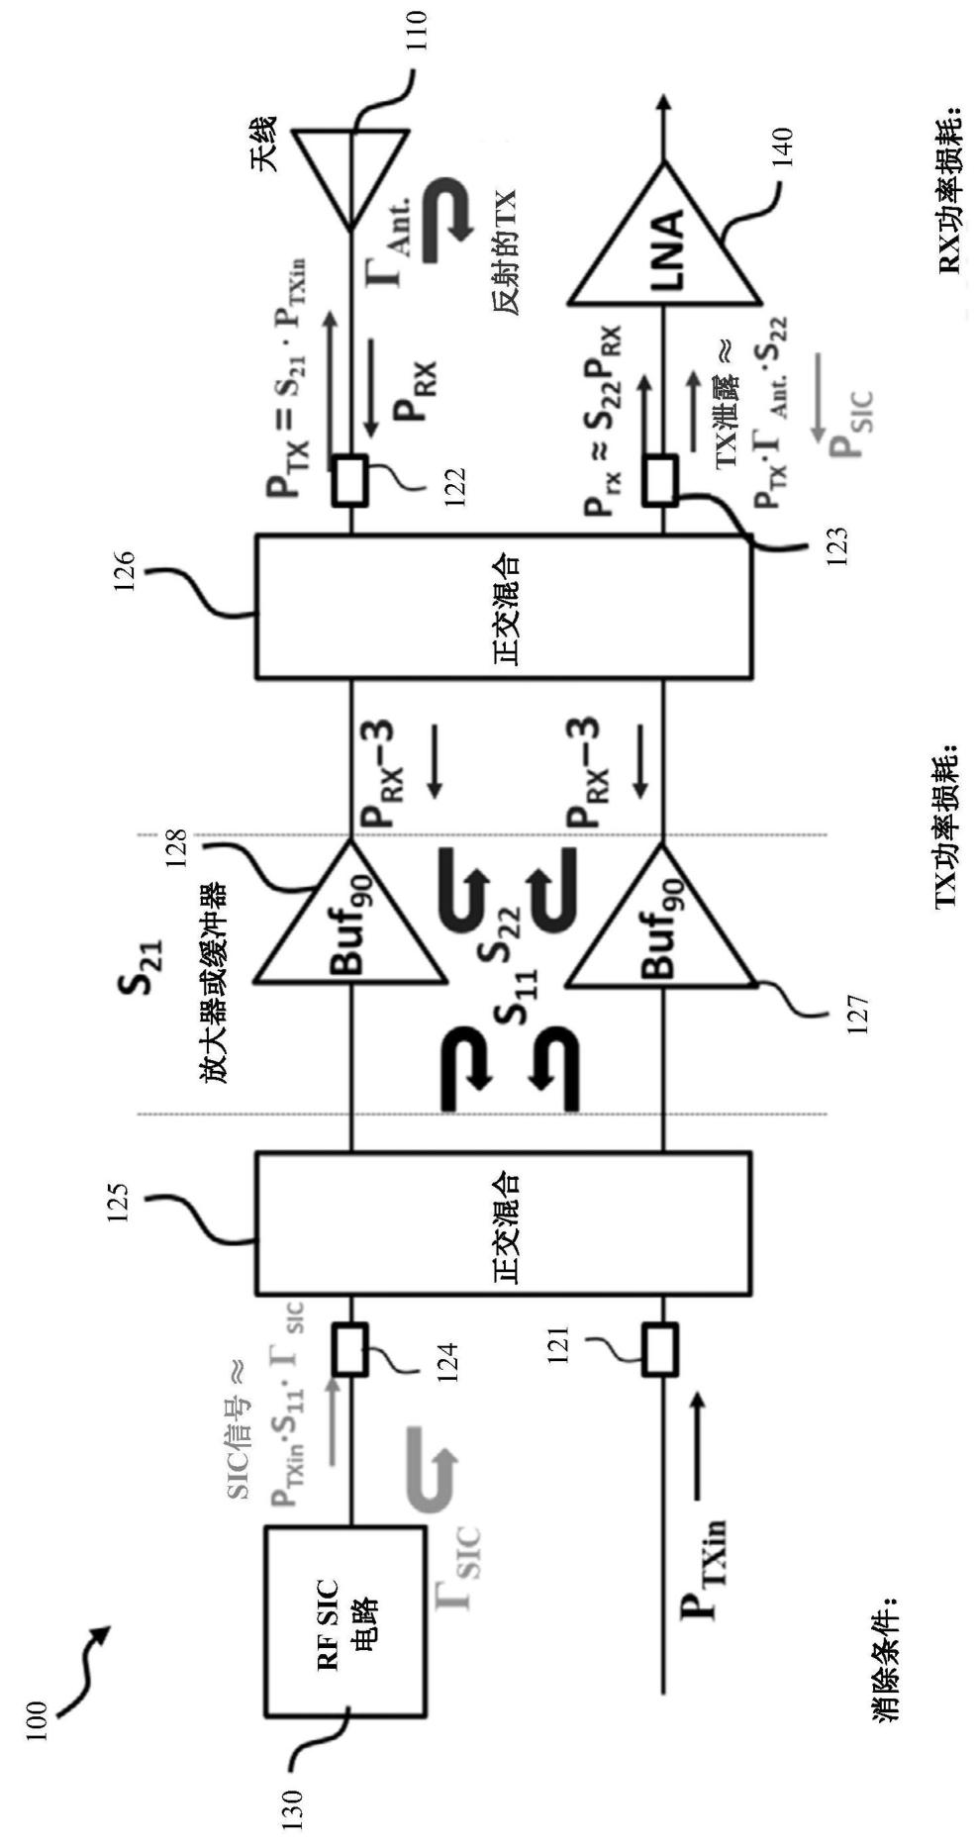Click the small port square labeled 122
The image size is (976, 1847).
350,480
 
